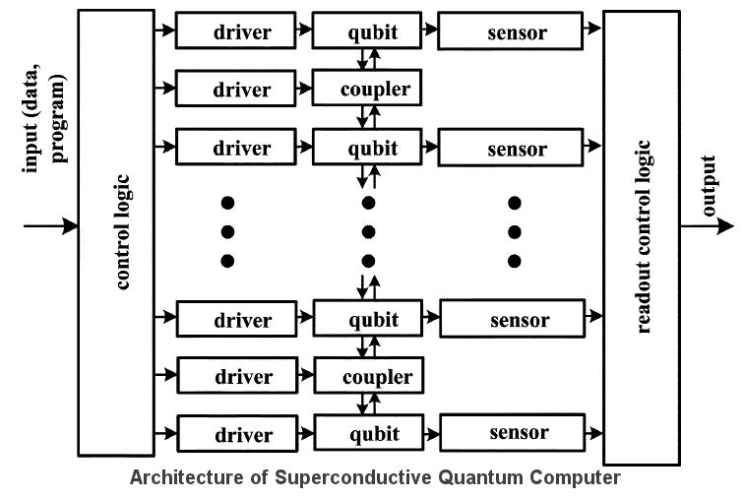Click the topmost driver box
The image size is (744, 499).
click(235, 31)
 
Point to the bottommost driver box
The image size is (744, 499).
click(236, 434)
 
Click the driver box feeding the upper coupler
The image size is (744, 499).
click(235, 90)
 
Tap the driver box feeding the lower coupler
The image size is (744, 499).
click(237, 377)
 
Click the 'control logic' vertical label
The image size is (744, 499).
click(122, 232)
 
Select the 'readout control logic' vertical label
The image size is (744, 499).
click(645, 236)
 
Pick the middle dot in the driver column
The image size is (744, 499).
click(227, 232)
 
